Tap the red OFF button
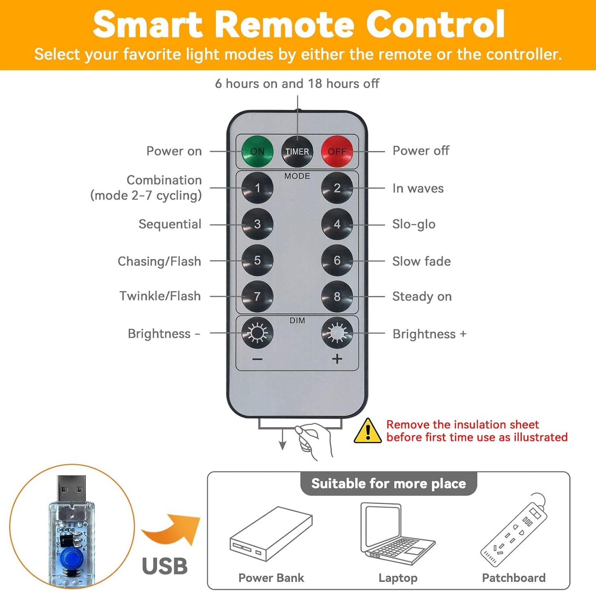(x=337, y=151)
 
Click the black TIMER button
(x=297, y=151)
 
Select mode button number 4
(x=337, y=224)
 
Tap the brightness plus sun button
(x=337, y=333)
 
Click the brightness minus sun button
(x=257, y=333)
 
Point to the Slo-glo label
(x=414, y=225)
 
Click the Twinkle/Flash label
(x=160, y=296)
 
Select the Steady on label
(x=422, y=297)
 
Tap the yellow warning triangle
(x=367, y=430)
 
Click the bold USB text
(x=165, y=566)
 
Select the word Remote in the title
(x=287, y=25)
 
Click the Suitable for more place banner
(x=389, y=484)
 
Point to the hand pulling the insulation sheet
(x=314, y=440)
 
